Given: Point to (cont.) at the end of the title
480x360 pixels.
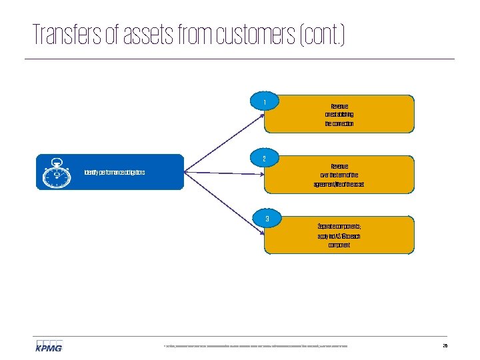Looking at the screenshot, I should click(x=325, y=35).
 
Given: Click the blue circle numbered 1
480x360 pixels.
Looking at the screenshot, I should click(x=265, y=102).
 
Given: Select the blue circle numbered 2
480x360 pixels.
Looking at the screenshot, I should click(x=265, y=159).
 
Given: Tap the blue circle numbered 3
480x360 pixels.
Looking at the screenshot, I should click(x=267, y=219).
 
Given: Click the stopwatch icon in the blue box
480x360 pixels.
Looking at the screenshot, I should click(x=57, y=173).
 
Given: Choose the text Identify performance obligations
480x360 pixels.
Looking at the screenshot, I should click(x=115, y=173).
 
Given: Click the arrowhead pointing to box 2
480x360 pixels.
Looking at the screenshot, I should click(x=262, y=175).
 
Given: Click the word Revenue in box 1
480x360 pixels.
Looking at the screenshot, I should click(x=339, y=106).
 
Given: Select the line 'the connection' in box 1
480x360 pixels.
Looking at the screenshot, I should click(x=339, y=123).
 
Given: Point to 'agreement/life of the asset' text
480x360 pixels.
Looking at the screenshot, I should click(x=339, y=183).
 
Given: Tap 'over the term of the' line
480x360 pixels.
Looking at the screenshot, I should click(x=339, y=175).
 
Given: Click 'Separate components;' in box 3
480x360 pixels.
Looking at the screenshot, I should click(x=339, y=227).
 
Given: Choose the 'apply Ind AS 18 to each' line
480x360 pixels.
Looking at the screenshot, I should click(x=339, y=236).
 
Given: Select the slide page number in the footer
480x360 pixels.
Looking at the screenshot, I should click(x=445, y=346).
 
